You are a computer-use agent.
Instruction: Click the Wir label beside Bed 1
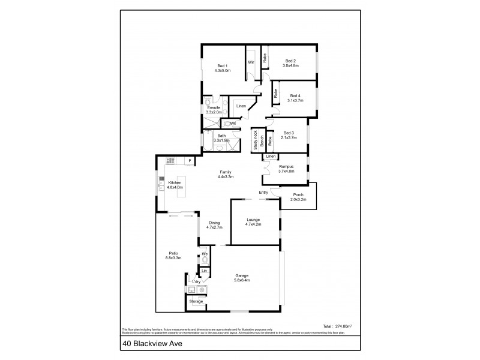pyautogui.click(x=251, y=62)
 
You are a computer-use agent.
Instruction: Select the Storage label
pyautogui.click(x=196, y=301)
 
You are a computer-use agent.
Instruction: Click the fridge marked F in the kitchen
pyautogui.click(x=189, y=161)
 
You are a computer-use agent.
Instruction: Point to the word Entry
pyautogui.click(x=263, y=192)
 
